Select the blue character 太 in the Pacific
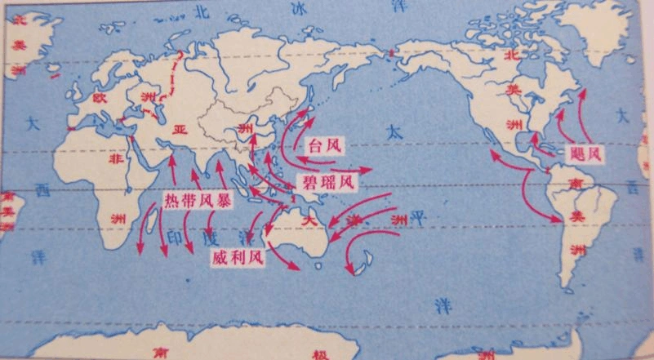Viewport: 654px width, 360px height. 394,131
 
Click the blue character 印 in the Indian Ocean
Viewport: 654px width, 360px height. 175,238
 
